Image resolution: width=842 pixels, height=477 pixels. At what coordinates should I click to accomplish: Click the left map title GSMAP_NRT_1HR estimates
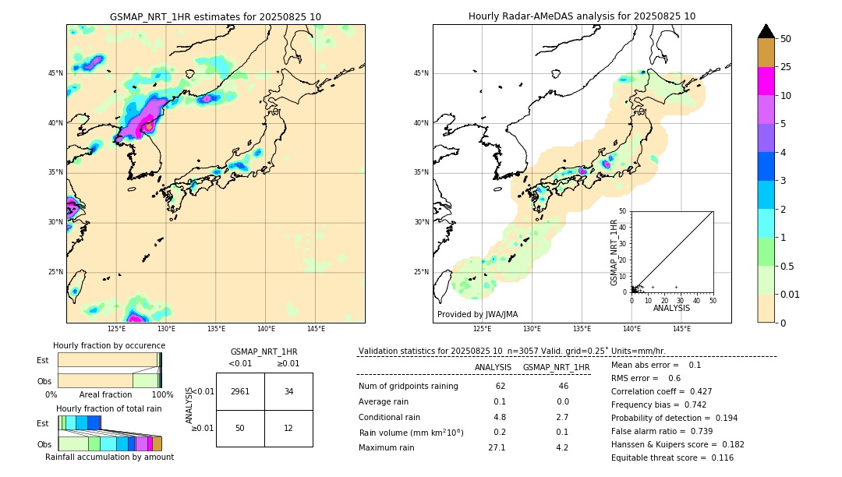tap(215, 16)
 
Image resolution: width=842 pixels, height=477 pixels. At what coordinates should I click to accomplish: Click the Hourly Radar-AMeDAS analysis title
tap(582, 16)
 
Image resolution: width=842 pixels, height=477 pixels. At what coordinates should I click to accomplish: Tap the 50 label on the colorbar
tap(786, 39)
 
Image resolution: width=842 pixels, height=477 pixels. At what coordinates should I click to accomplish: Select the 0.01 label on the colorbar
tap(791, 294)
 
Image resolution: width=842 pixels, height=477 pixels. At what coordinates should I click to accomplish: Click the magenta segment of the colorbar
tap(766, 81)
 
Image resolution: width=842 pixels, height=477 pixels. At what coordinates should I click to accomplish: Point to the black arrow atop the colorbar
tap(766, 31)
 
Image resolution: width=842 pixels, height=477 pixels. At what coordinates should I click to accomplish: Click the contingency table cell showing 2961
tap(240, 391)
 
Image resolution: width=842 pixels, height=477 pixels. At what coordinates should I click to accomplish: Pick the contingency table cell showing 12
tap(288, 428)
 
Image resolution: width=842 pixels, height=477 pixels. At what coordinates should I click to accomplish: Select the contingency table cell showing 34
tap(288, 391)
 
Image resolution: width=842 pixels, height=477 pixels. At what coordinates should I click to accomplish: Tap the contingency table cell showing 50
tap(240, 428)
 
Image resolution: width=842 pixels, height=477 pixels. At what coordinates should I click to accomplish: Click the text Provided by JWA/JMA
tap(477, 315)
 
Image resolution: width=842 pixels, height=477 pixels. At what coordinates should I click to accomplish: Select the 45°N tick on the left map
tap(55, 73)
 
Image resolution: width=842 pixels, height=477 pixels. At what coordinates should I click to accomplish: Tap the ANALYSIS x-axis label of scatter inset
tap(671, 308)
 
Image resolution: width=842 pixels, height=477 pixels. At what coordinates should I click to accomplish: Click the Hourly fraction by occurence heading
tap(109, 345)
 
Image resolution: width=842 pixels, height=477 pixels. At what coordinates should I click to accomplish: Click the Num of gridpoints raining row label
tap(408, 387)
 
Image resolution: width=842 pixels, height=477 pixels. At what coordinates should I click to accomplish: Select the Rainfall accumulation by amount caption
tap(109, 457)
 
